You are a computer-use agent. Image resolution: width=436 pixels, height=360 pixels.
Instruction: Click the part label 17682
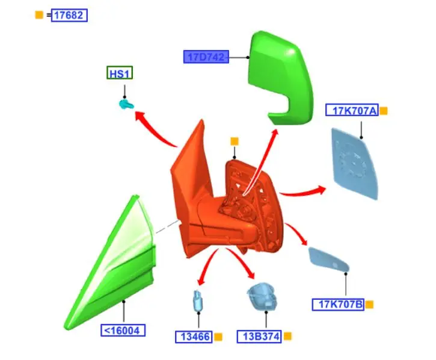(x=69, y=16)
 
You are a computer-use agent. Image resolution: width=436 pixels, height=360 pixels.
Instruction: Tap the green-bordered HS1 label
(x=120, y=73)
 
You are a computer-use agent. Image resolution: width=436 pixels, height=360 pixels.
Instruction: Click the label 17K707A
(x=352, y=110)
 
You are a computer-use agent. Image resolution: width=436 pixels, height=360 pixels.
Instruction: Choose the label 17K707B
(x=338, y=305)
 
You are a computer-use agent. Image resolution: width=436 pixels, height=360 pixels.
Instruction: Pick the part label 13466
(x=194, y=337)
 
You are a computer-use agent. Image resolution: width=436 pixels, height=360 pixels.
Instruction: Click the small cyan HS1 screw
(x=125, y=105)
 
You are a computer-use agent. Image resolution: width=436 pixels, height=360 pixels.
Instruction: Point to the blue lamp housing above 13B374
(x=263, y=296)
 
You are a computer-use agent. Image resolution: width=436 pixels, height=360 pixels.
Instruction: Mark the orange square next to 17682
(x=39, y=15)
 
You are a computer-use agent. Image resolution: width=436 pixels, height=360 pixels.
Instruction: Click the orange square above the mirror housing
(x=235, y=141)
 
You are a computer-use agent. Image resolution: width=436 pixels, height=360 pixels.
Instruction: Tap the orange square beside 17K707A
(x=384, y=111)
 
